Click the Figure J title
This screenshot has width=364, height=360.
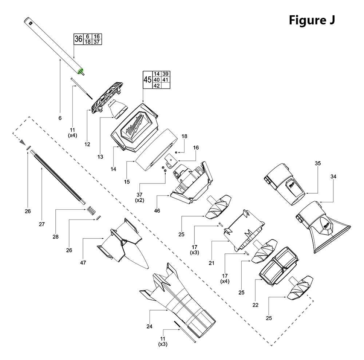[x=312, y=20]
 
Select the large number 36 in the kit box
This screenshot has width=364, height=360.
[x=78, y=39]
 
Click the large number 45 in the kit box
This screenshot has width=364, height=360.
[x=147, y=80]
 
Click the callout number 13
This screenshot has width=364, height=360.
[x=100, y=157]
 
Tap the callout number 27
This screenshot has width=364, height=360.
[x=41, y=224]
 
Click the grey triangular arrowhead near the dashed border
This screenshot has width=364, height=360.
[x=23, y=141]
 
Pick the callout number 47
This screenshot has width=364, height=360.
[x=83, y=262]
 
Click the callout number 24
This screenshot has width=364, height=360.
[x=149, y=326]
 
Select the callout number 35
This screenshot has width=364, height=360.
[x=318, y=164]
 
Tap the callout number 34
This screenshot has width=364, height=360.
[x=333, y=177]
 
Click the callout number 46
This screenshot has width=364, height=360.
[x=157, y=210]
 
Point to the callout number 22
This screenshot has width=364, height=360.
[x=255, y=305]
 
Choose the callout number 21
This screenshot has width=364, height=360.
[x=212, y=263]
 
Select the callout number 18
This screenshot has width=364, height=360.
[x=185, y=136]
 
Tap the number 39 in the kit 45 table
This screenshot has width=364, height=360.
[x=166, y=74]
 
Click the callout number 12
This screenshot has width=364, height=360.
[x=87, y=144]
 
